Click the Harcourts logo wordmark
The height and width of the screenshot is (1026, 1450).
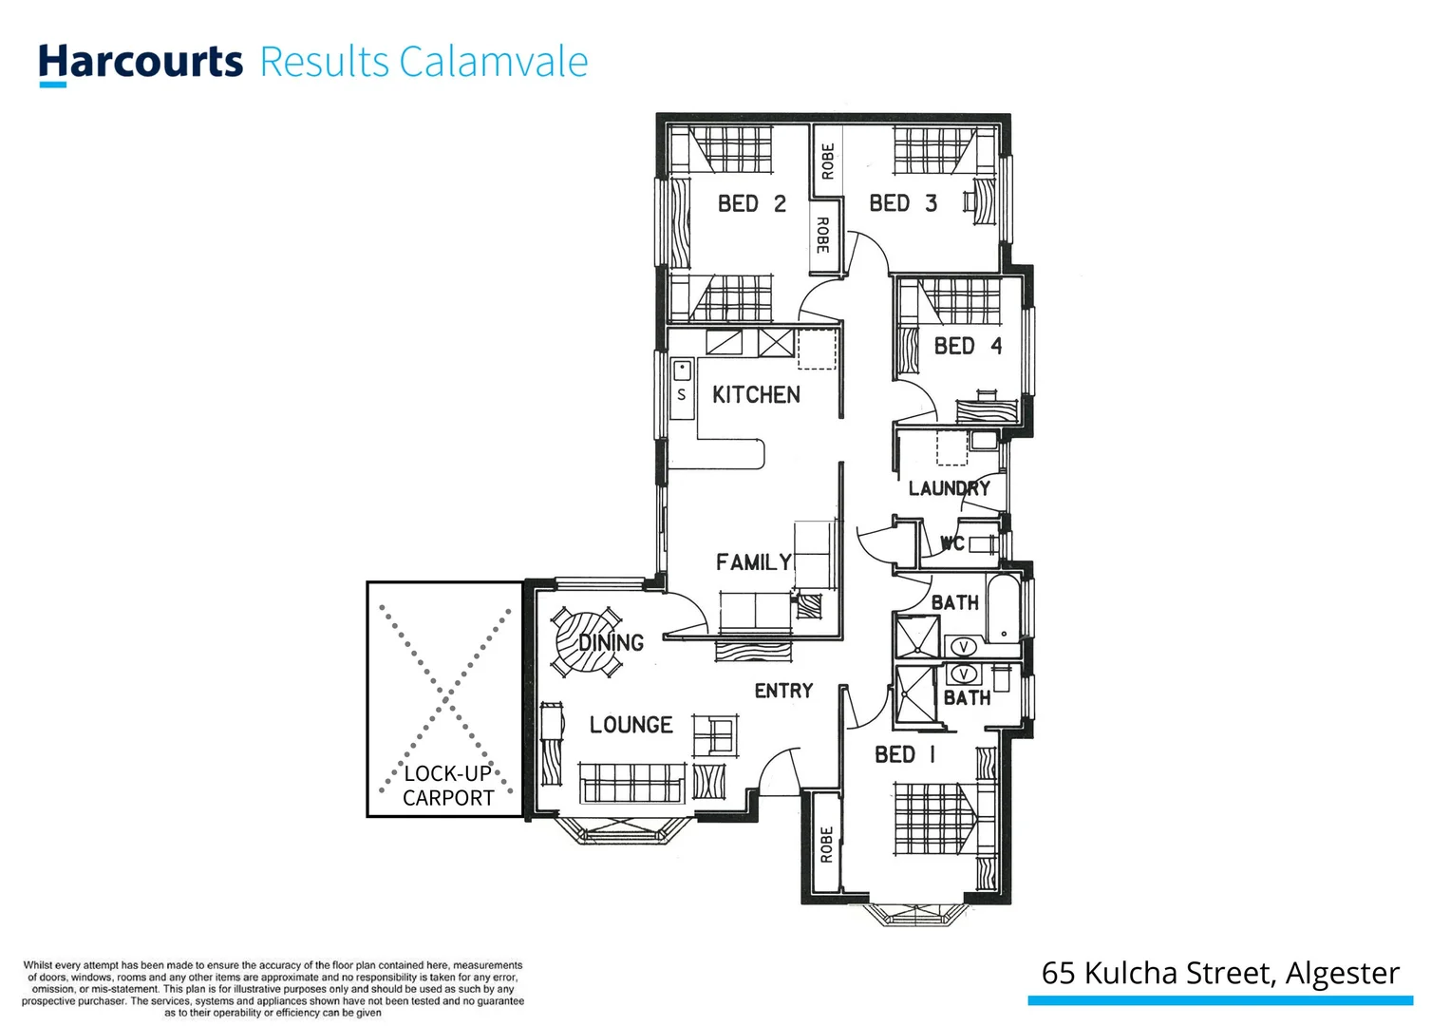[141, 62]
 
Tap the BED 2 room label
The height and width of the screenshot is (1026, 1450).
[751, 203]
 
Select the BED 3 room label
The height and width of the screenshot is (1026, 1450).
[902, 203]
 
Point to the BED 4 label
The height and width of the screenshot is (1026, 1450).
[967, 346]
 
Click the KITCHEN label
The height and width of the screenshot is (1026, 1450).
[756, 394]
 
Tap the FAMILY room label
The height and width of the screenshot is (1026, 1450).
[753, 562]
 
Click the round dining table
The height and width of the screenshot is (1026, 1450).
[587, 642]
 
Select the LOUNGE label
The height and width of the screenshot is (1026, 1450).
[631, 725]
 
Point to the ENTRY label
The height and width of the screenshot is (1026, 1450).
[783, 691]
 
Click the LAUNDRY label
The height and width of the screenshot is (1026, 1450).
[949, 488]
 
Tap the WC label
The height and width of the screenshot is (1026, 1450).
[952, 543]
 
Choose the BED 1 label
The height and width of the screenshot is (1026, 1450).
[905, 754]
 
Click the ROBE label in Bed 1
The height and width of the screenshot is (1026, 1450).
[826, 844]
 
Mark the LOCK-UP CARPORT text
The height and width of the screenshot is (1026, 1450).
[448, 786]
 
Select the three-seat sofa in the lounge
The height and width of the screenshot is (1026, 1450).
[631, 784]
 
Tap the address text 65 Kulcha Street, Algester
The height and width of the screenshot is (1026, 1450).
[1220, 973]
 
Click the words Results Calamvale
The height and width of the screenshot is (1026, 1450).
[424, 62]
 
